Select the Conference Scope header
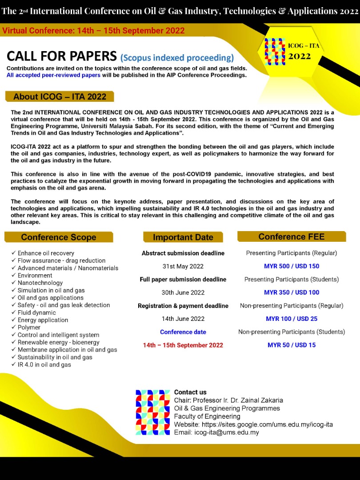[59, 237]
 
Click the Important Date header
[183, 237]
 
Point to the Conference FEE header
[292, 236]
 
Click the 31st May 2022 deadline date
[183, 266]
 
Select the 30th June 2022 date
[183, 292]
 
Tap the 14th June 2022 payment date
[183, 319]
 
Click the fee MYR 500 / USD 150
[292, 266]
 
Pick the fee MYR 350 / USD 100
[292, 292]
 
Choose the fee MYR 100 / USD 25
[292, 319]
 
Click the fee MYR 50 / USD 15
[292, 345]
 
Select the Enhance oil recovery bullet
[46, 253]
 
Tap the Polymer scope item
[29, 328]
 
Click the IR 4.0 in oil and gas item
[44, 365]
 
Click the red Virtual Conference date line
[93, 31]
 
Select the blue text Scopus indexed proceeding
[177, 57]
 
